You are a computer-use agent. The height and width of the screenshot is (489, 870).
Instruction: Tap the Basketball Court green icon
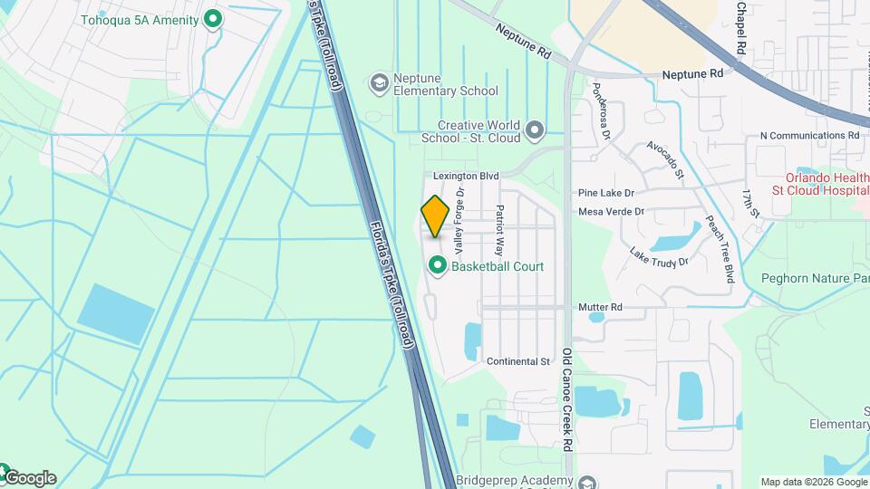[438, 266]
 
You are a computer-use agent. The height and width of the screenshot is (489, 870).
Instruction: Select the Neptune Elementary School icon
[380, 84]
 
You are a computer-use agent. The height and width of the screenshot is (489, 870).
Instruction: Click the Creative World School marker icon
[535, 130]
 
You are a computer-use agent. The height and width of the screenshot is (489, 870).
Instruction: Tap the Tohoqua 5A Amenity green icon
[213, 19]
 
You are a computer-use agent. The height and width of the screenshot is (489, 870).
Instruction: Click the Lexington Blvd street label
[466, 176]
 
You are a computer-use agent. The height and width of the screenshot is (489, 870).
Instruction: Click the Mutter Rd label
[603, 308]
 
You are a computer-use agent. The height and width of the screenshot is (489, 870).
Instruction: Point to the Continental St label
[518, 361]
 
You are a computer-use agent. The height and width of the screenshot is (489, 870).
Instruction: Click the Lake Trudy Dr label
[659, 257]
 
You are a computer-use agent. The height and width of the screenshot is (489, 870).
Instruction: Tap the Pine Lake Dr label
[606, 194]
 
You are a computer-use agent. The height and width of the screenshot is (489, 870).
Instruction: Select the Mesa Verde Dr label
[612, 212]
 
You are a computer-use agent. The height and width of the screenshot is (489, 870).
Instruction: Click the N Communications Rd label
[809, 136]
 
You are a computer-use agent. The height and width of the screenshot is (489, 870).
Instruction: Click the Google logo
[29, 477]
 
